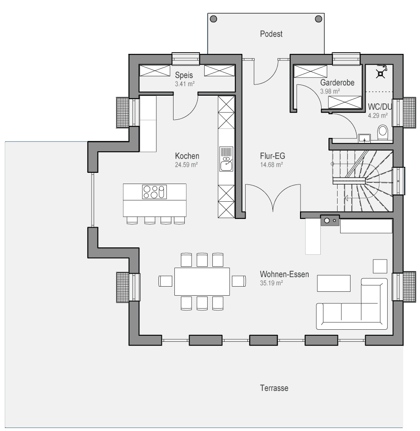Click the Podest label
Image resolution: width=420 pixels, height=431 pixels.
(271, 34)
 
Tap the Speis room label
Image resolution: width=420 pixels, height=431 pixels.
(184, 75)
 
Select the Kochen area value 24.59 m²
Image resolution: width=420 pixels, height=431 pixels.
(186, 165)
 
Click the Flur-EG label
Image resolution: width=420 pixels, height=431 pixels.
(272, 156)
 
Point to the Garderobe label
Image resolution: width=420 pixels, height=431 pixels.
(337, 82)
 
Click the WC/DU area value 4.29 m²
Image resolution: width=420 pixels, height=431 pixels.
(378, 116)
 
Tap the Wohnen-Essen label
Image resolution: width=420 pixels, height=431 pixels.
(284, 274)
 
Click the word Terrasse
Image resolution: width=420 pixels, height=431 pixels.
(274, 388)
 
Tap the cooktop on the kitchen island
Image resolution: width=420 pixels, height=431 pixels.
(155, 192)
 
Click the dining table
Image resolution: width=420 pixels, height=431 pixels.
(202, 281)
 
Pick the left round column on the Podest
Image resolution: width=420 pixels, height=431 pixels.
(213, 19)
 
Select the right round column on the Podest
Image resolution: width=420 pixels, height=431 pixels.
(319, 19)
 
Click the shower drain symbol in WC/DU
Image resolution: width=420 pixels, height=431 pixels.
(380, 74)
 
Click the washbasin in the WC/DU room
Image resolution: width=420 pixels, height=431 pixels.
(364, 138)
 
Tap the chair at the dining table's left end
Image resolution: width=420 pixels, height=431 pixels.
(165, 281)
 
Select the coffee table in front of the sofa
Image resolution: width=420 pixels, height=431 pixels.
(334, 283)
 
